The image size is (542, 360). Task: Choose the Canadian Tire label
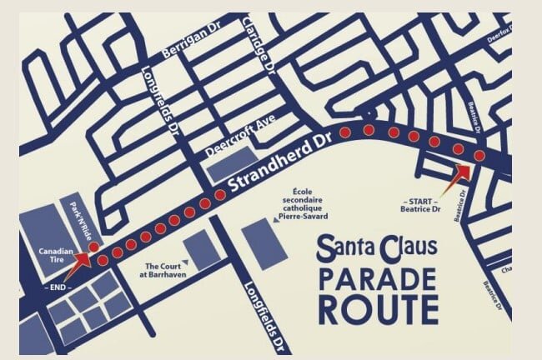click(x=56, y=253)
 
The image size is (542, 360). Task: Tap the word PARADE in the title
click(x=378, y=279)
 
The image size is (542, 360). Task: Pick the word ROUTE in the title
click(x=378, y=308)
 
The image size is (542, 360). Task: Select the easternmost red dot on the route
click(x=479, y=157)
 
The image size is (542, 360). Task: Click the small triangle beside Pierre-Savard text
click(x=276, y=220)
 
